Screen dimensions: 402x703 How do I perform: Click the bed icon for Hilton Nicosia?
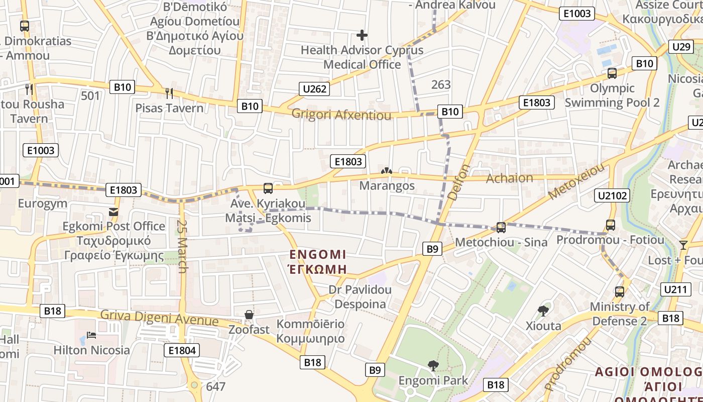pyautogui.click(x=91, y=335)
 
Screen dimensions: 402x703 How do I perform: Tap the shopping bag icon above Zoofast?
pyautogui.click(x=249, y=315)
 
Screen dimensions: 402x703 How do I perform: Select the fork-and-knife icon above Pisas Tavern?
pyautogui.click(x=169, y=93)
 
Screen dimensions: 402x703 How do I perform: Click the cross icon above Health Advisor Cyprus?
pyautogui.click(x=362, y=35)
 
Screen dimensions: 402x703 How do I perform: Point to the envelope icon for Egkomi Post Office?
pyautogui.click(x=113, y=212)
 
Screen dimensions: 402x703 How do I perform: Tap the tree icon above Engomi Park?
pyautogui.click(x=432, y=365)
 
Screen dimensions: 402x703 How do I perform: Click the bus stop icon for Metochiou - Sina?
pyautogui.click(x=501, y=228)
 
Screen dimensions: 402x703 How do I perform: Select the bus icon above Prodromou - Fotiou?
pyautogui.click(x=610, y=225)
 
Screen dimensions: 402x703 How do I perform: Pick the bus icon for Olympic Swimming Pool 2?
pyautogui.click(x=612, y=73)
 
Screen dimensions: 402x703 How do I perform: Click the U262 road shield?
pyautogui.click(x=315, y=89)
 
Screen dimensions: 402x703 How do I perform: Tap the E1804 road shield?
pyautogui.click(x=182, y=350)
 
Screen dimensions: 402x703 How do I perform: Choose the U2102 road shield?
pyautogui.click(x=613, y=195)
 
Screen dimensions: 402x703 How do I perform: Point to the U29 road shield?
pyautogui.click(x=681, y=47)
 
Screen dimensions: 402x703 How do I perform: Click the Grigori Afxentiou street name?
pyautogui.click(x=341, y=115)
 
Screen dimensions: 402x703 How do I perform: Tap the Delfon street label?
pyautogui.click(x=459, y=182)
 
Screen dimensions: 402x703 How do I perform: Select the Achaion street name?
pyautogui.click(x=509, y=178)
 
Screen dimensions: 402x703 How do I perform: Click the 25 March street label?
pyautogui.click(x=182, y=246)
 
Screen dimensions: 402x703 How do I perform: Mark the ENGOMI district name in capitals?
pyautogui.click(x=317, y=254)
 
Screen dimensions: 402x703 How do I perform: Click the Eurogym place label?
pyautogui.click(x=42, y=204)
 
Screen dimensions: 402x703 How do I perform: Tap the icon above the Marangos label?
pyautogui.click(x=386, y=171)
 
